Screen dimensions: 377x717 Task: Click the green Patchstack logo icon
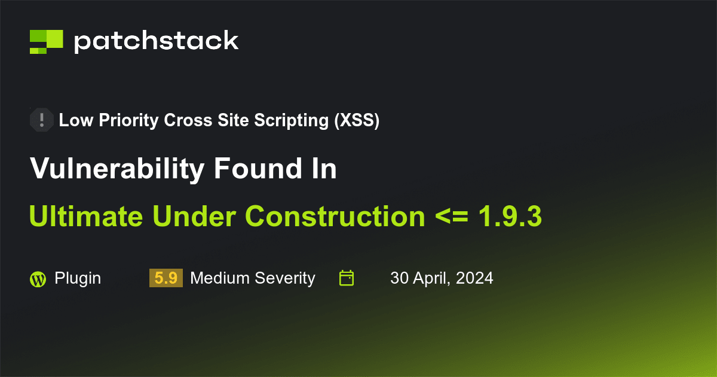[46, 41]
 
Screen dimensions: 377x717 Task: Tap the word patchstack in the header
[156, 41]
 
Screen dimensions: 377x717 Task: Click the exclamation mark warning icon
[41, 120]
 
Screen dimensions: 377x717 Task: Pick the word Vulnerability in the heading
[117, 169]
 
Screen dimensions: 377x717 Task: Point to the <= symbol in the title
[451, 216]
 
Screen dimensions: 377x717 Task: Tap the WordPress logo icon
[38, 279]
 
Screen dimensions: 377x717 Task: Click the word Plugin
[78, 278]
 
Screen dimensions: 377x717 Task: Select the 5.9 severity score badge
[166, 278]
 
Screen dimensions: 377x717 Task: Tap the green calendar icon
[347, 278]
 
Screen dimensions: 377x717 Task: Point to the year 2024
[476, 278]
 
